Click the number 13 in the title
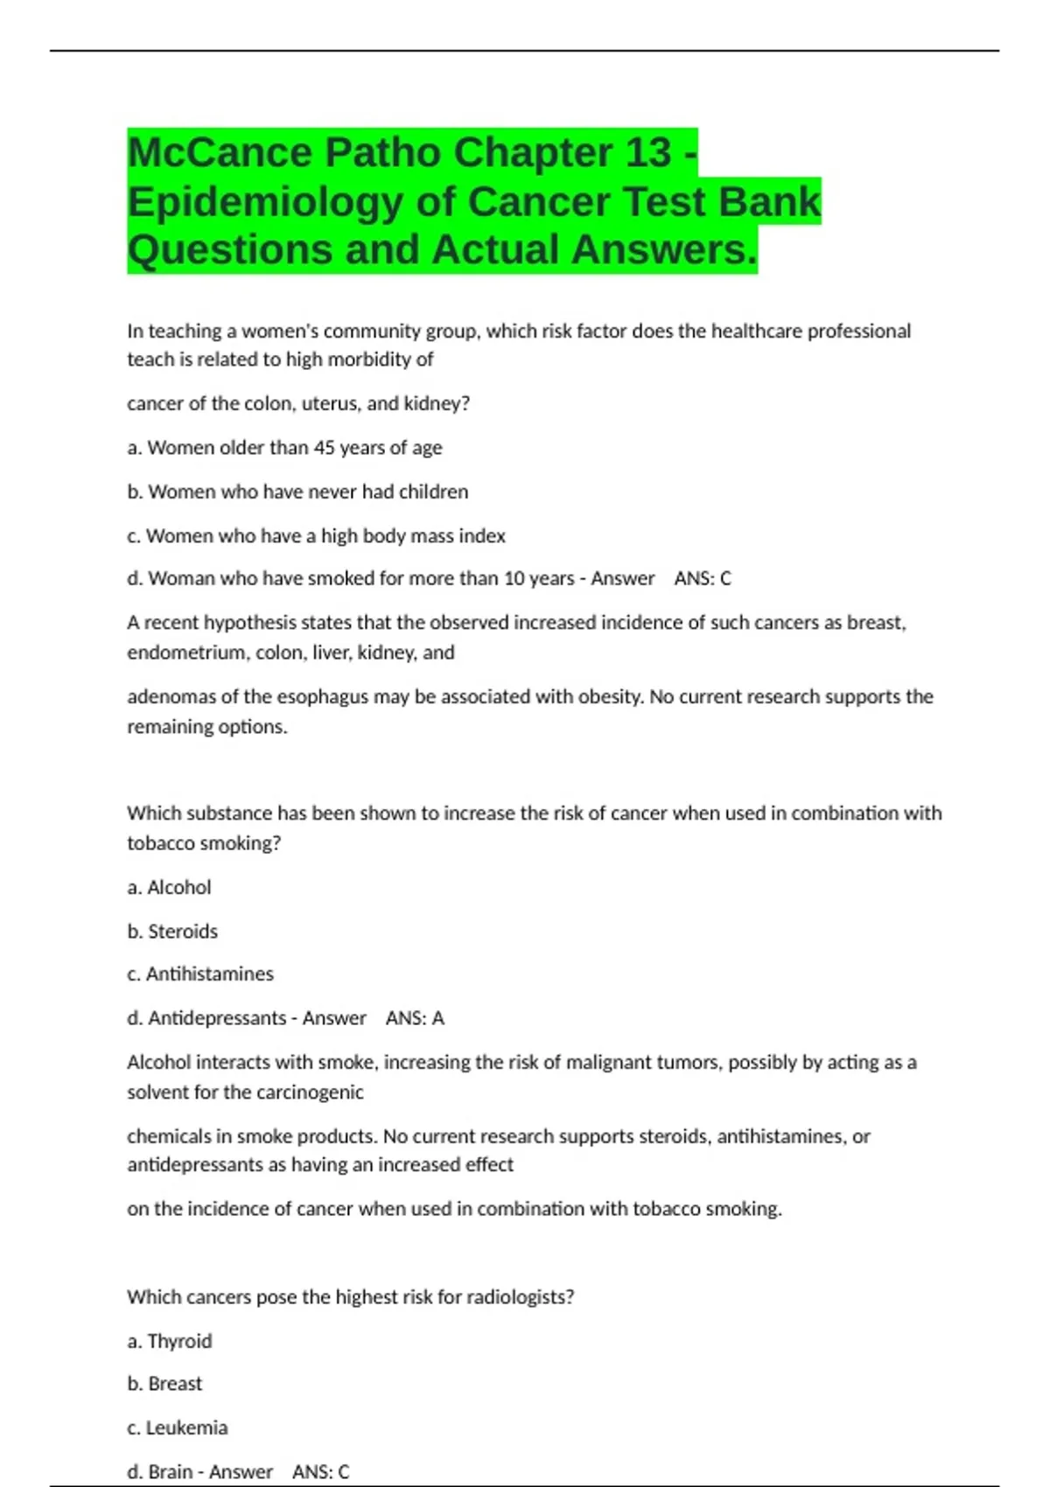coord(648,153)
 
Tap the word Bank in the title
coord(769,202)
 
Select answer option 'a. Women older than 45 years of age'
coord(284,448)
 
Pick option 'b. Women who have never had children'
coord(297,492)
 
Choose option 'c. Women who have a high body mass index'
coord(316,535)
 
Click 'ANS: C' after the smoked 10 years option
coord(703,578)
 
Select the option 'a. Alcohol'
coord(169,887)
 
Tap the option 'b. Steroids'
coord(172,932)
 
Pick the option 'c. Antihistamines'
coord(200,974)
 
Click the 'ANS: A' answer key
coord(415,1018)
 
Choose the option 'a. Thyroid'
coord(170,1341)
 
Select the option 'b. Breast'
coord(164,1384)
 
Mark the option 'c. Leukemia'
coord(177,1428)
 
